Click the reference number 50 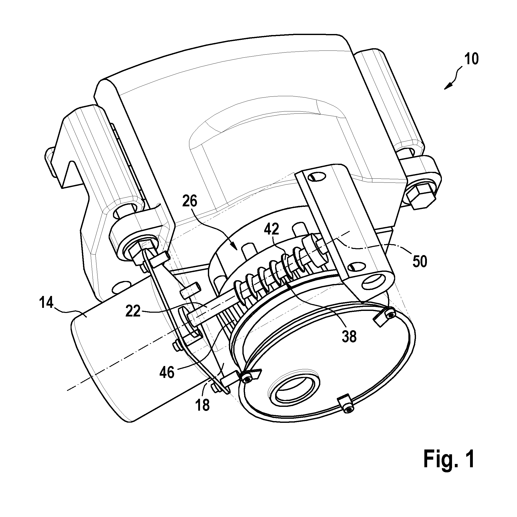click(419, 262)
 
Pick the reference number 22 click(133, 311)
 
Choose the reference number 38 click(349, 336)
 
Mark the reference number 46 click(167, 372)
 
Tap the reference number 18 click(203, 405)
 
